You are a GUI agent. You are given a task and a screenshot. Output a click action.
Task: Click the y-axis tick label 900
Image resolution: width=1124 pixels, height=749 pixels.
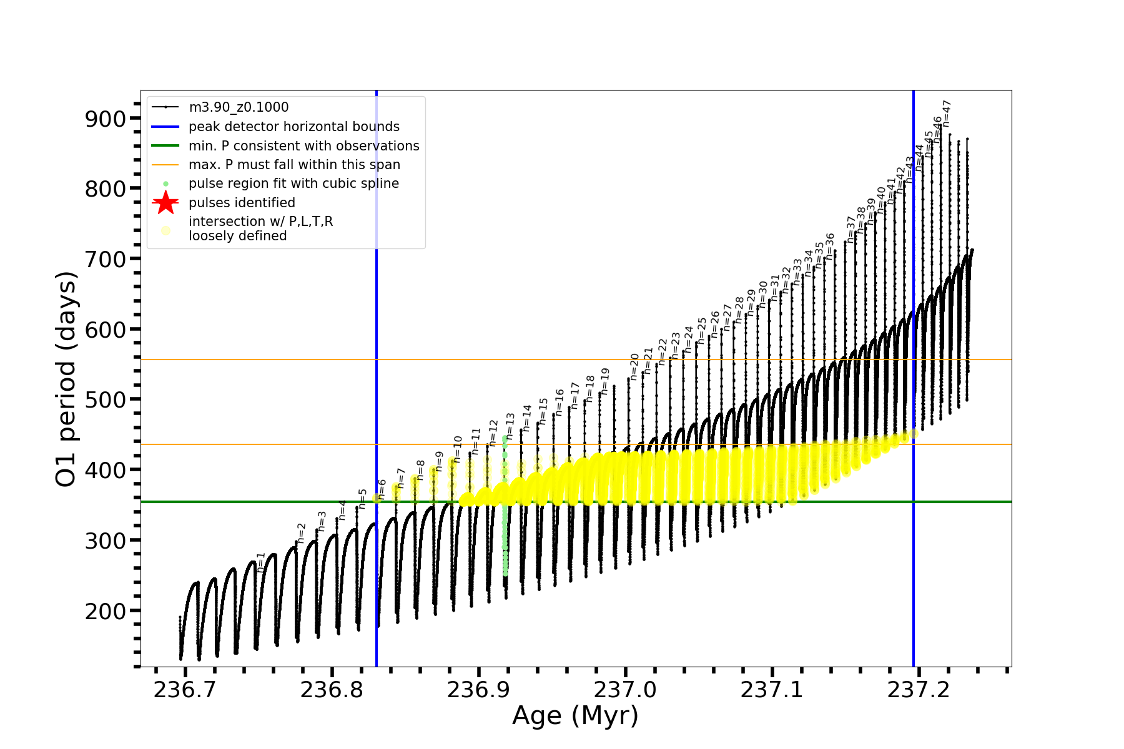coord(105,119)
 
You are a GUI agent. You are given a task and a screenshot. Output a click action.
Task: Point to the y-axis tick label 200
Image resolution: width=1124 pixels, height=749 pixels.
coord(105,611)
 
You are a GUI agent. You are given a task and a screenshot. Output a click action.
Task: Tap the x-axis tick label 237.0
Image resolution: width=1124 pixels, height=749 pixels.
coord(625,689)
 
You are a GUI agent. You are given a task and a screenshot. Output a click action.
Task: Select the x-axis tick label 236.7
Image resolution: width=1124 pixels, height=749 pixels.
coord(185,689)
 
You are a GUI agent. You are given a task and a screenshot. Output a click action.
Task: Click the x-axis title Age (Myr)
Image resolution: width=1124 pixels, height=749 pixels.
coord(575,716)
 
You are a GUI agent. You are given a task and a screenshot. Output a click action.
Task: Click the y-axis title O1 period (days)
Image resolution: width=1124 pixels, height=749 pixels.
coord(66,379)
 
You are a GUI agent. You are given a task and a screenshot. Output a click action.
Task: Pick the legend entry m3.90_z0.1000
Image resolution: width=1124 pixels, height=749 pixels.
coord(239,107)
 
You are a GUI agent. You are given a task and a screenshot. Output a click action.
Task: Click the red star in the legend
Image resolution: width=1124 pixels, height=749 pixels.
coord(165,202)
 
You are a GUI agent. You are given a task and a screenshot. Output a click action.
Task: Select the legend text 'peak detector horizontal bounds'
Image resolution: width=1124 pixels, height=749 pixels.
coord(293,127)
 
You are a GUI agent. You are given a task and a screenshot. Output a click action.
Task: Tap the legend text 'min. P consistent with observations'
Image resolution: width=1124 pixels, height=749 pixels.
coord(303,145)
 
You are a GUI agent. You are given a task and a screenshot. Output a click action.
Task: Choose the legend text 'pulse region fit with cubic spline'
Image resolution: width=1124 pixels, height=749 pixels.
coord(293,184)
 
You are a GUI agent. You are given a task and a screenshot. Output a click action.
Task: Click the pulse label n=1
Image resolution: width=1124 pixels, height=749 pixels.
coord(261,562)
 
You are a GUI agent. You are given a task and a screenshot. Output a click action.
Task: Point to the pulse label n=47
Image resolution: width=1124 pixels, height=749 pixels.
coord(947,113)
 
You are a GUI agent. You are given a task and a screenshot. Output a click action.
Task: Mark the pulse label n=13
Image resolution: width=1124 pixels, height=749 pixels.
coord(510,425)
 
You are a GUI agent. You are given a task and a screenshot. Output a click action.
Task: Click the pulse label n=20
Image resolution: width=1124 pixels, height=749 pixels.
coord(634,366)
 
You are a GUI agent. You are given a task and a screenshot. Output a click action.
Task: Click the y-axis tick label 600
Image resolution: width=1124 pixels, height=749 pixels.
coord(105,330)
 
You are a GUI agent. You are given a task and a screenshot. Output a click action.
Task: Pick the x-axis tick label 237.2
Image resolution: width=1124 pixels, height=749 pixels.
coord(919,689)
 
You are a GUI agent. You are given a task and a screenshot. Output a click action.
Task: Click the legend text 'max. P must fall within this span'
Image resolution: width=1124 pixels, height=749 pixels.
coord(294,165)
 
